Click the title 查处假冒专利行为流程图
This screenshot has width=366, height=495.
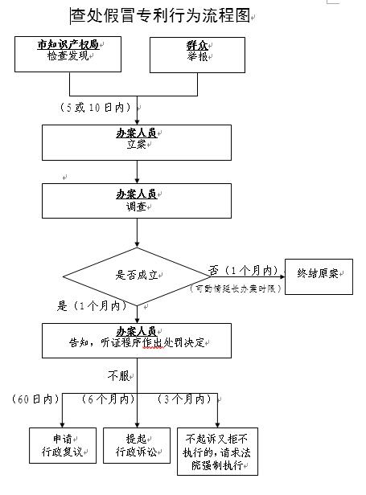tap(161, 15)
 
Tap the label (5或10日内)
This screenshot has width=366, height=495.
tap(96, 107)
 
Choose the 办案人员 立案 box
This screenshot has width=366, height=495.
tap(137, 141)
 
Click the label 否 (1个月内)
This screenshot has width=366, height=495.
tap(242, 269)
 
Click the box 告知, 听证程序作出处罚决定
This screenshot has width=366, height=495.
tap(137, 340)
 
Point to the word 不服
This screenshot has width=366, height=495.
tap(121, 374)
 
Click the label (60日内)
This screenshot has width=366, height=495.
tap(36, 399)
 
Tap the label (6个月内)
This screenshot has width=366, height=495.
tap(109, 399)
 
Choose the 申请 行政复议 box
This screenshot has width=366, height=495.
tap(62, 445)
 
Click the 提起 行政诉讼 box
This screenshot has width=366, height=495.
tap(137, 445)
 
